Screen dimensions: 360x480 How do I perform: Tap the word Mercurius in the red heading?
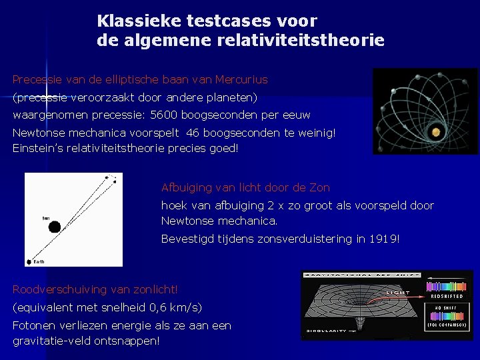(241, 80)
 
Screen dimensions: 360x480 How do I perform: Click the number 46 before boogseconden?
(194, 133)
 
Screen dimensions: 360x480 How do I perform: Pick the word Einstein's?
(39, 148)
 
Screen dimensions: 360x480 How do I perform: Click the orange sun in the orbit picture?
(435, 131)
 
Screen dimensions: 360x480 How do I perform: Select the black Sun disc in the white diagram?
(54, 227)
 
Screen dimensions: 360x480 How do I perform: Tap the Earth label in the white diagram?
(40, 262)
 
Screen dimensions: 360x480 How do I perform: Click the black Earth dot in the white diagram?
(29, 262)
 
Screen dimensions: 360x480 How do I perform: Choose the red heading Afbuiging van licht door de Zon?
(245, 188)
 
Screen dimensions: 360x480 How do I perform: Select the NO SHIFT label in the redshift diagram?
(446, 307)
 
